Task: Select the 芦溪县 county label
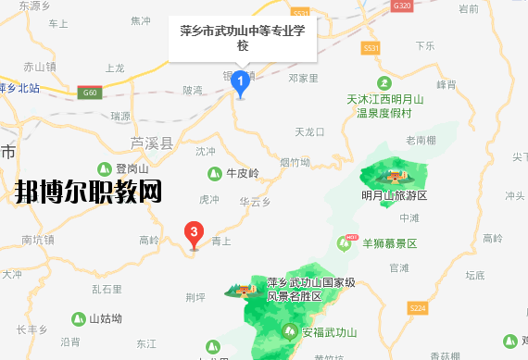151,143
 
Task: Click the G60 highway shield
89,93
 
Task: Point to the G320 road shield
401,6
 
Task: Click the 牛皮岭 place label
239,172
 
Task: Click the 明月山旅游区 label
394,195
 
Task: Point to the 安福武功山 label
316,329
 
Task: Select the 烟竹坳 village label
295,162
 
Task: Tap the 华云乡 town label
253,200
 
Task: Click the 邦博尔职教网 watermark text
88,193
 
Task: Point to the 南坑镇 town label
40,240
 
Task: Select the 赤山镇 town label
40,67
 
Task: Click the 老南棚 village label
420,140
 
